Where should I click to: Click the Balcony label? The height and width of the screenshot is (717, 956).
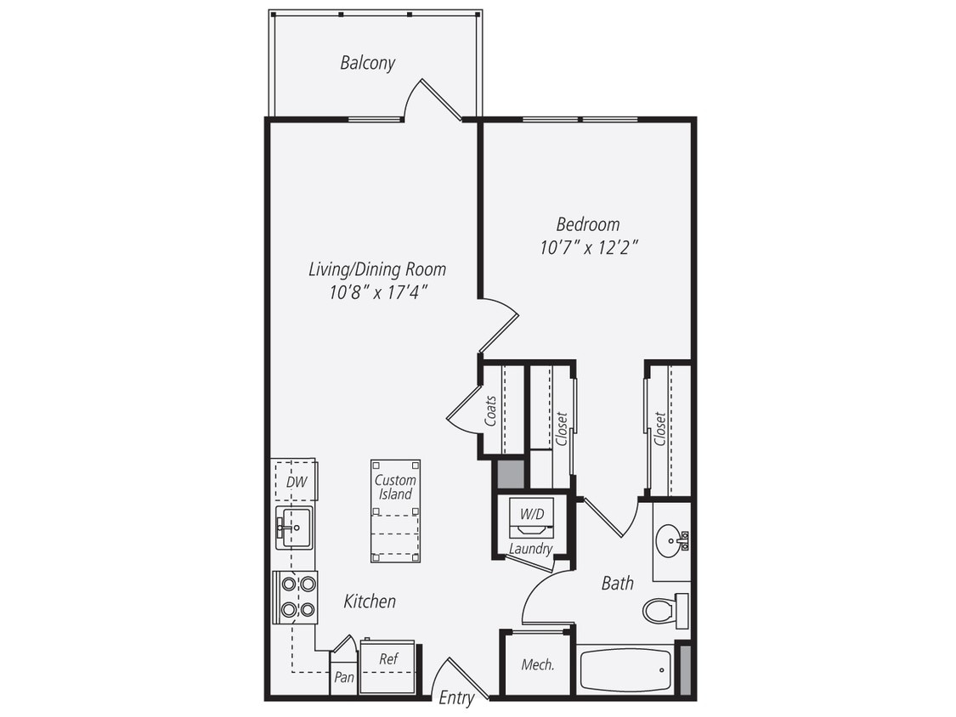[x=367, y=63]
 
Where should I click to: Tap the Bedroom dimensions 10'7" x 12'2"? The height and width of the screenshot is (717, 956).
[x=588, y=248]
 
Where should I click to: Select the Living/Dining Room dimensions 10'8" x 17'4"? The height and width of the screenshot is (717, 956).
[x=376, y=292]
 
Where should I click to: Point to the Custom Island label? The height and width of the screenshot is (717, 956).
[x=395, y=487]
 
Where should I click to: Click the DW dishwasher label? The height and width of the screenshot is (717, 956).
[x=295, y=483]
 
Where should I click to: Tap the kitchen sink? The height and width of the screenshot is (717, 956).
[x=294, y=528]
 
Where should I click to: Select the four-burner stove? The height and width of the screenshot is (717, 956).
[x=297, y=596]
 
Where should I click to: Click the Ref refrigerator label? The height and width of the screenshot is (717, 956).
[x=388, y=658]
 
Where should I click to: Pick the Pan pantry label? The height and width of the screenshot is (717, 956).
[x=344, y=677]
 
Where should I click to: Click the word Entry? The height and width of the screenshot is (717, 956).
[x=456, y=698]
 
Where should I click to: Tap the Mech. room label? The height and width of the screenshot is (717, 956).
[x=538, y=664]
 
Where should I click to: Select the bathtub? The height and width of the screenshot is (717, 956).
[x=625, y=670]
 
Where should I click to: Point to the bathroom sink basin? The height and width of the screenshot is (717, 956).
[x=670, y=539]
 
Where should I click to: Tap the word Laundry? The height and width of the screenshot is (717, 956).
[x=530, y=549]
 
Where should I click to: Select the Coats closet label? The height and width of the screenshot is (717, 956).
[x=490, y=410]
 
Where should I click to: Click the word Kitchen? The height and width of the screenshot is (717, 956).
[x=370, y=601]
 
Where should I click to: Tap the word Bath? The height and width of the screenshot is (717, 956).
[x=617, y=583]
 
